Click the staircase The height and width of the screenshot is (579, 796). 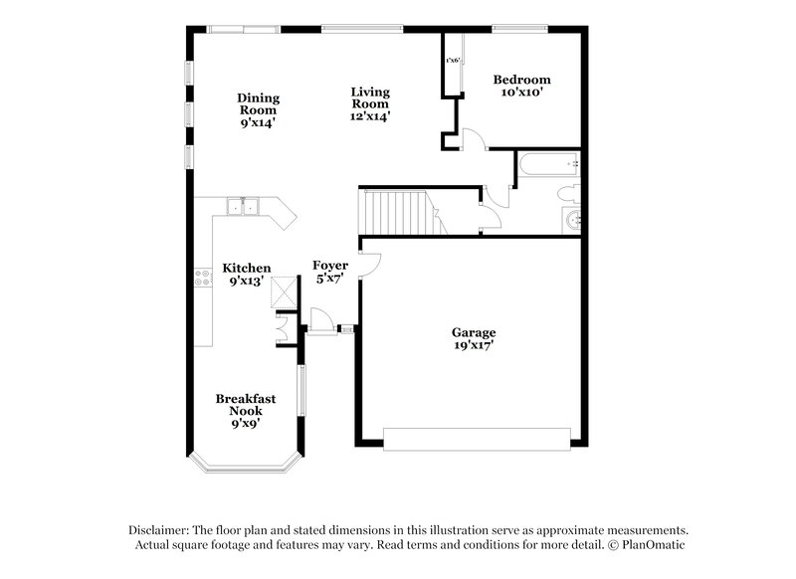(395, 211)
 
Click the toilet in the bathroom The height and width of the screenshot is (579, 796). (566, 193)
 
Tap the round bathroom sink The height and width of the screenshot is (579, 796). (573, 220)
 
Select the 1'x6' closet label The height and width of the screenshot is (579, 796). (453, 61)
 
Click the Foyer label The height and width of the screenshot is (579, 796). (329, 266)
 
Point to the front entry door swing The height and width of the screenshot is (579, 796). (322, 320)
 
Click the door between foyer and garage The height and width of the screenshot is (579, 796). (368, 265)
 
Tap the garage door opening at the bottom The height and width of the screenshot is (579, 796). (477, 439)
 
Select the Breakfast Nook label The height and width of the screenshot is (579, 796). (246, 404)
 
